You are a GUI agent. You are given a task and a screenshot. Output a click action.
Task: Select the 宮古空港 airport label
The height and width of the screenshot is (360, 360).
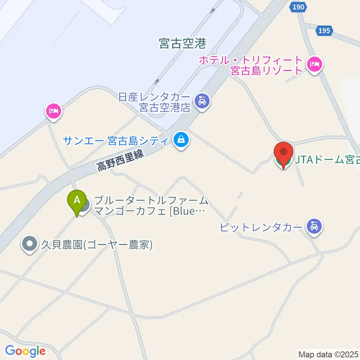click(x=183, y=44)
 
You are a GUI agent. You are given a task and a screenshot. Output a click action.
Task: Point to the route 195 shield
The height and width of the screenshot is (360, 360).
click(x=324, y=30)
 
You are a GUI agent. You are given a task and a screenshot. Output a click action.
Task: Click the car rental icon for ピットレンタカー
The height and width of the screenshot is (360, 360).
click(x=313, y=226)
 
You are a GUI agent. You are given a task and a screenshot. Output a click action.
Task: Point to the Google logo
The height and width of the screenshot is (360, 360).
click(x=25, y=351)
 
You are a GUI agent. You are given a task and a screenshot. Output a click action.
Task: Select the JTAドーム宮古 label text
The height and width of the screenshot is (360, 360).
click(x=327, y=160)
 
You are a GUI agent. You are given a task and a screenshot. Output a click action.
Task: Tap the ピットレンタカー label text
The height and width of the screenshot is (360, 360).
click(x=261, y=227)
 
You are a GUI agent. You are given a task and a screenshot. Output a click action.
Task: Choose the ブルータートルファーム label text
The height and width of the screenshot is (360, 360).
click(x=151, y=200)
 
